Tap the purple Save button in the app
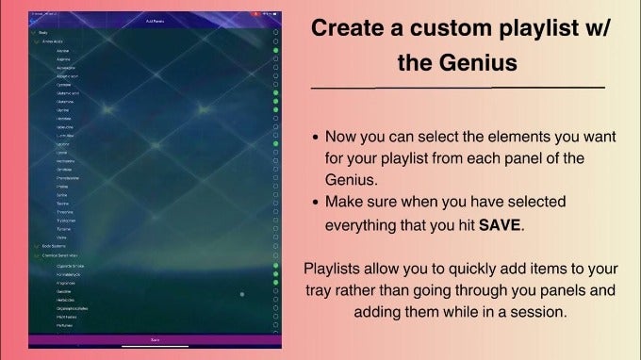click(155, 338)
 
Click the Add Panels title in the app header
click(155, 21)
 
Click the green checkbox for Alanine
click(275, 50)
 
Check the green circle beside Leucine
click(275, 143)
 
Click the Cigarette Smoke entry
click(71, 266)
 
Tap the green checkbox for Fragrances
click(275, 283)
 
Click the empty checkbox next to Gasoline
click(275, 291)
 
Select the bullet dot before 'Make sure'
click(315, 203)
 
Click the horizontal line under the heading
click(458, 88)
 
